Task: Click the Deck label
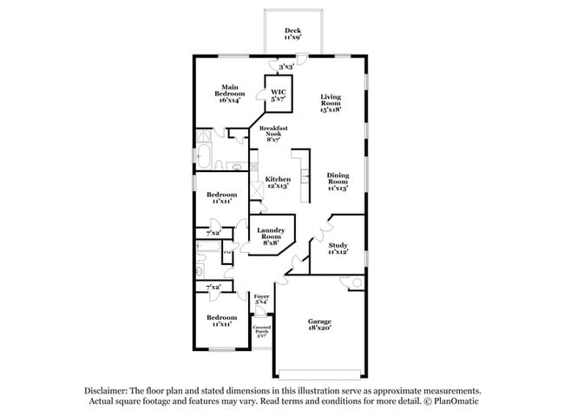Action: click(x=292, y=34)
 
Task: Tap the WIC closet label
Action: click(x=279, y=95)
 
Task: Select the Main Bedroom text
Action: click(x=229, y=93)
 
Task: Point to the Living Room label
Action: click(x=331, y=103)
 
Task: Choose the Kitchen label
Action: click(x=278, y=182)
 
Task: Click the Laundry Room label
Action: click(x=272, y=235)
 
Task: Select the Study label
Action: click(x=338, y=249)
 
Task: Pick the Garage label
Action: click(x=319, y=325)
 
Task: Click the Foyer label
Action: click(x=261, y=300)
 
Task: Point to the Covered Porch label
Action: click(x=261, y=330)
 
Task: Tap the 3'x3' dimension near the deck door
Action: click(x=285, y=65)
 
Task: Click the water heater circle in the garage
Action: click(x=355, y=283)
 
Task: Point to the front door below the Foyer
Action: click(x=262, y=314)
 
